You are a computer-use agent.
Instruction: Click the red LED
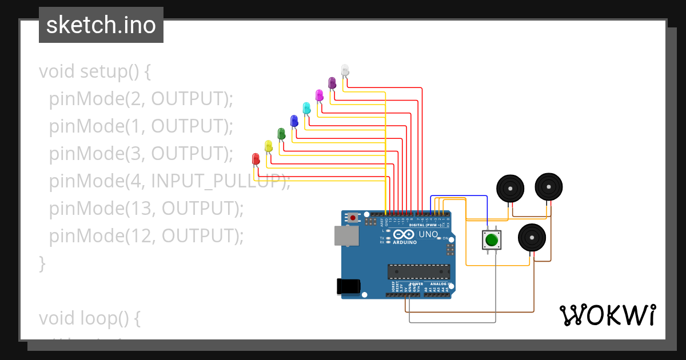(x=256, y=159)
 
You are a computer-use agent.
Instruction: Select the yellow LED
(x=269, y=146)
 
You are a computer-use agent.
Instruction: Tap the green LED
(x=281, y=134)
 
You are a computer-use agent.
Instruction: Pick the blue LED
(x=294, y=121)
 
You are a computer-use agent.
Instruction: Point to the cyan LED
(x=306, y=107)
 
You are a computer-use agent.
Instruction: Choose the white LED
(x=345, y=70)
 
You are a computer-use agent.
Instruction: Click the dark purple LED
(x=332, y=83)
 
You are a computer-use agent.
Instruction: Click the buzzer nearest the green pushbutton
(x=532, y=237)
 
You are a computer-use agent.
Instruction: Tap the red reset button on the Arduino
(x=353, y=218)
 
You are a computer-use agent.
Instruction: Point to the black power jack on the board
(x=348, y=286)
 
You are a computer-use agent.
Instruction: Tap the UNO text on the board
(x=428, y=234)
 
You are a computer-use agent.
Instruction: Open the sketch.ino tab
(x=101, y=25)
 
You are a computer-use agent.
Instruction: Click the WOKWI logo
(x=607, y=315)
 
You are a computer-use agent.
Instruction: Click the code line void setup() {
(x=95, y=71)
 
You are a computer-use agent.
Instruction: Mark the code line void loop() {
(x=89, y=318)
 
